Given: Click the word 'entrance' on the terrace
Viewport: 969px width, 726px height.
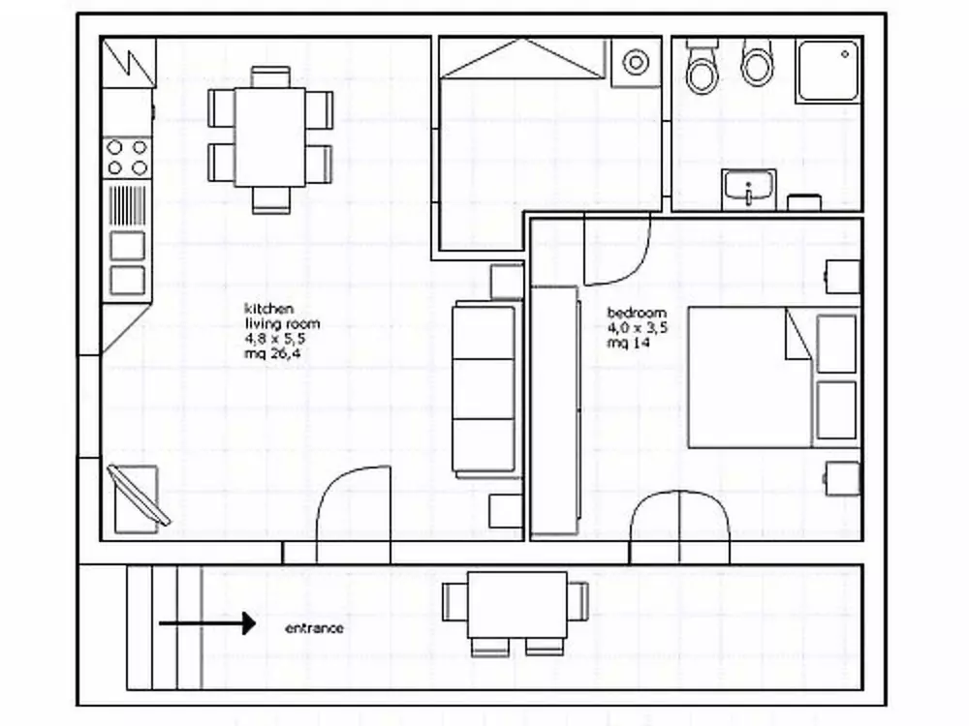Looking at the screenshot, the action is [x=314, y=628].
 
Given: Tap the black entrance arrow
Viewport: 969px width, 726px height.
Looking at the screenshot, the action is [x=207, y=622].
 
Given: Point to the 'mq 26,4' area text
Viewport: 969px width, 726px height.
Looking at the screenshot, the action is [x=272, y=353].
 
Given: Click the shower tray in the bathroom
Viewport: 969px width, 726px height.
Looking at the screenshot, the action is [x=828, y=71].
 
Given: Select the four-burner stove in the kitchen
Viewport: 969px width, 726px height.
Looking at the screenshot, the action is [x=127, y=158].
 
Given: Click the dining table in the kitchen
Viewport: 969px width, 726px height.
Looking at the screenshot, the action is [x=270, y=137].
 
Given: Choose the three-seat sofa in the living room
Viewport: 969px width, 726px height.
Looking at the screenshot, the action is [x=484, y=390].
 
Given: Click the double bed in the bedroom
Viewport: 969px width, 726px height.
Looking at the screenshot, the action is [x=774, y=378].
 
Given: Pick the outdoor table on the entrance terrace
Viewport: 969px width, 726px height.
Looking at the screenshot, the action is [x=517, y=606].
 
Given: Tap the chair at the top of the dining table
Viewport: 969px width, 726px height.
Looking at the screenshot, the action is [x=270, y=77].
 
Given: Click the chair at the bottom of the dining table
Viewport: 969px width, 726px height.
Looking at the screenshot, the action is [x=271, y=200].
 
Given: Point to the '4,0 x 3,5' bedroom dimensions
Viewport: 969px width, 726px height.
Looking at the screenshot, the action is [x=638, y=328].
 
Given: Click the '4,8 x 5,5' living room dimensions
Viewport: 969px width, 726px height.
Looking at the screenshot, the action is [x=275, y=338].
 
